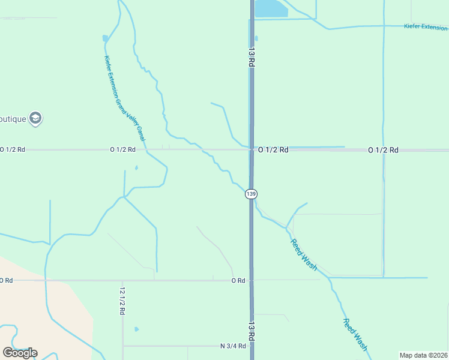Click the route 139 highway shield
tap(251, 194)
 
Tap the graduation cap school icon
tap(35, 118)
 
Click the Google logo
tap(20, 352)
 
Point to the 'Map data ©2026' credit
tap(424, 355)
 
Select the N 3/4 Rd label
tap(233, 346)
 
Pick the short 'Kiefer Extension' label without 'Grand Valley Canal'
tap(426, 27)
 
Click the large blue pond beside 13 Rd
tap(271, 8)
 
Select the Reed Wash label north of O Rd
tap(304, 254)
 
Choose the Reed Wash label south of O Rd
tap(355, 334)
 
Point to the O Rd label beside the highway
tap(239, 280)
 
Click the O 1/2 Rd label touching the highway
tap(274, 149)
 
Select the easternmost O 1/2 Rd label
tap(383, 149)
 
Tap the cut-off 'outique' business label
tap(13, 119)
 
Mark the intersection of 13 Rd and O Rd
tap(252, 280)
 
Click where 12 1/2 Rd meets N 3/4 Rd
tap(123, 346)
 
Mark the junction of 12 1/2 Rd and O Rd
tap(123, 280)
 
